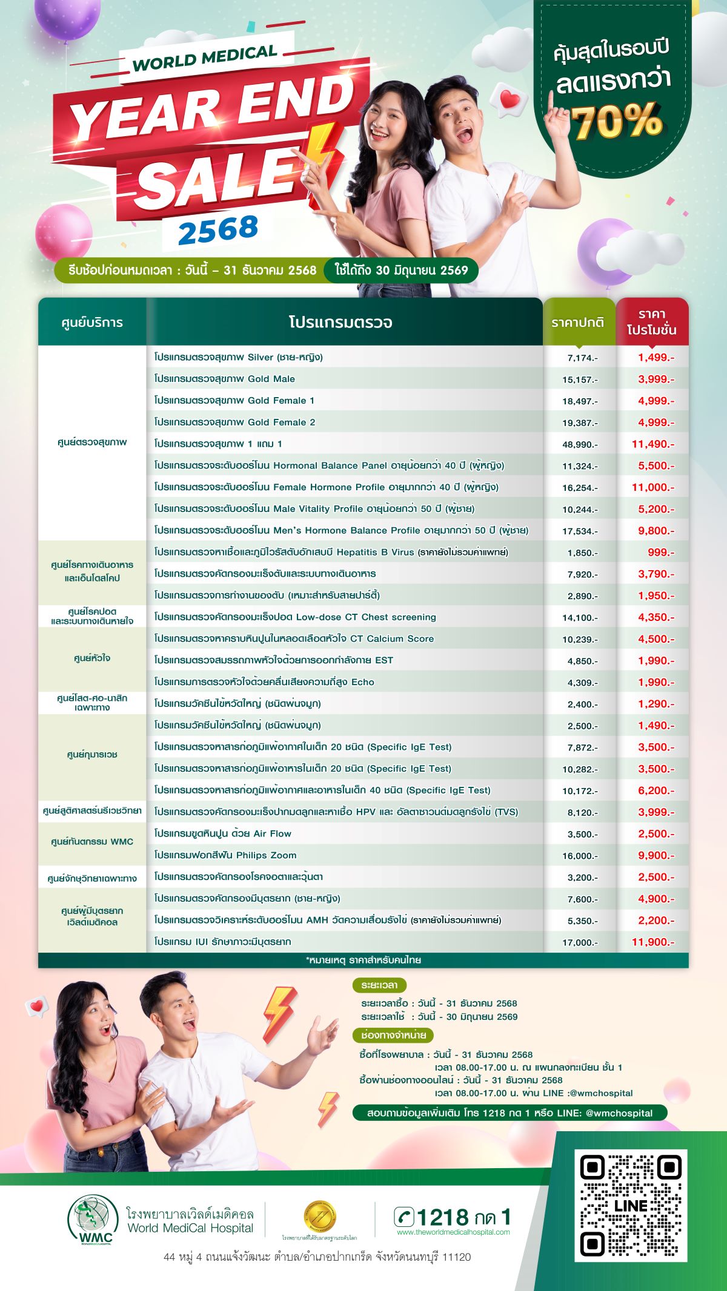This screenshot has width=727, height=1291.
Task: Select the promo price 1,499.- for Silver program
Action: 656,357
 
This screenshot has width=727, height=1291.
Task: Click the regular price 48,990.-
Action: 580,444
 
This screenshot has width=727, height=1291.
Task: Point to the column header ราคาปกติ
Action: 577,323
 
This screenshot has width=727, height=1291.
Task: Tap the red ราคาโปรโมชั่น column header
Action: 652,322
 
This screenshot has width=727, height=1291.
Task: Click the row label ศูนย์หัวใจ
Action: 92,658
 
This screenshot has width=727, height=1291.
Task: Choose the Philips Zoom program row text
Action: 225,855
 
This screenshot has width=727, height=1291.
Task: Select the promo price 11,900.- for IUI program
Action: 652,942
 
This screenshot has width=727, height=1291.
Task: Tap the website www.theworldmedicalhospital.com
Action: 453,1232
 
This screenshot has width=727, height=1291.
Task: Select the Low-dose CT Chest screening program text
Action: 295,617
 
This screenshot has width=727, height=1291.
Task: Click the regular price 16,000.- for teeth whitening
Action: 580,856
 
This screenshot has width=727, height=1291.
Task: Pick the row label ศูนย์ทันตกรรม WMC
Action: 92,841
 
